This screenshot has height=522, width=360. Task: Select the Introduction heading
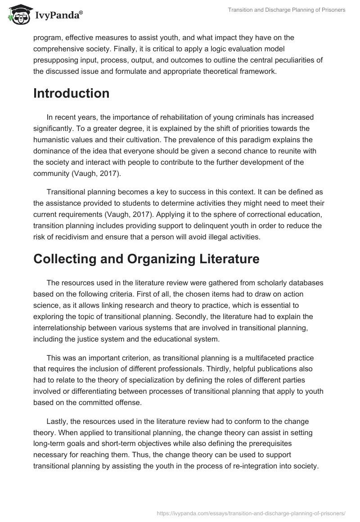(x=71, y=93)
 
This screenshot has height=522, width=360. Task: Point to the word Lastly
(x=58, y=422)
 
